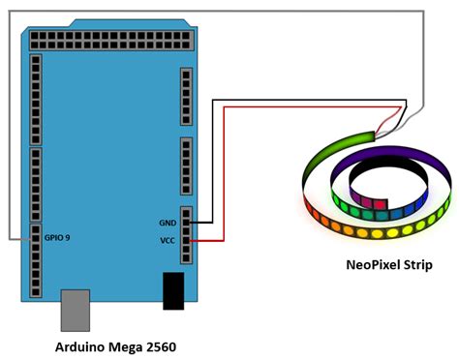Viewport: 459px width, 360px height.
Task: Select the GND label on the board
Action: pyautogui.click(x=167, y=223)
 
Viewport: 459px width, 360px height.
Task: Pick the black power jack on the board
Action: pyautogui.click(x=173, y=291)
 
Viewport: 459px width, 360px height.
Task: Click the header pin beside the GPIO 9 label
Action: pyautogui.click(x=36, y=235)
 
